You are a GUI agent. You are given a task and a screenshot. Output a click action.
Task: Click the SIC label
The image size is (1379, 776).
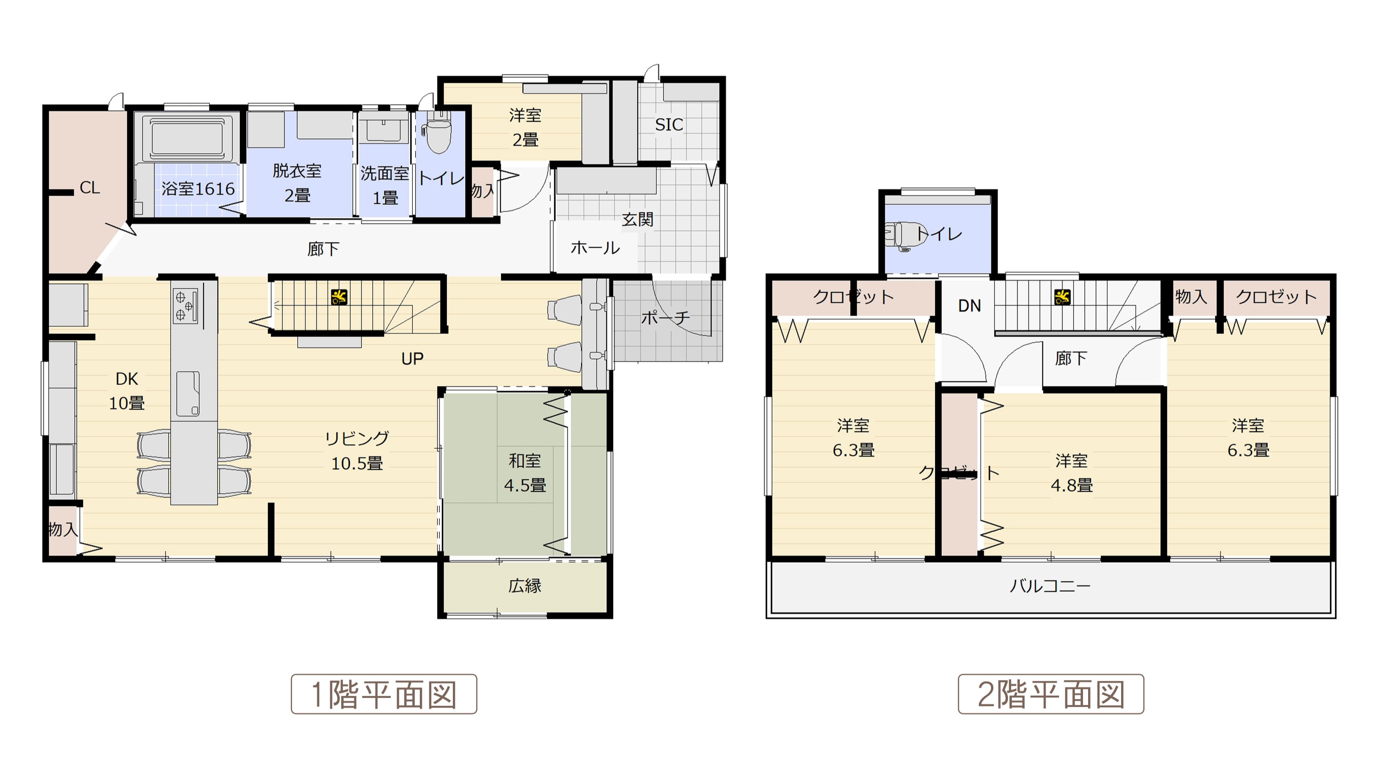click(669, 125)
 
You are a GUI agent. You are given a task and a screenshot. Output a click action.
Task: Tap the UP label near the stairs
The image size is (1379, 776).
click(412, 359)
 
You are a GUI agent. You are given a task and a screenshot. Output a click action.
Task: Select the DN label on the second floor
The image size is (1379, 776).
click(969, 306)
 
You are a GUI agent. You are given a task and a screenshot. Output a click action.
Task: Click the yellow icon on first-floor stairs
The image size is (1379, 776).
click(339, 297)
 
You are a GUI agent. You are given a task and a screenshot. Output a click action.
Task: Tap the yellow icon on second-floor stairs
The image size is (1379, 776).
click(1062, 297)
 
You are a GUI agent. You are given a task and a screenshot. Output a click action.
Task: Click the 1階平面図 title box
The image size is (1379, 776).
click(384, 694)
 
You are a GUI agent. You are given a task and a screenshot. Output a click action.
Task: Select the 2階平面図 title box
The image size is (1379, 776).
click(1051, 694)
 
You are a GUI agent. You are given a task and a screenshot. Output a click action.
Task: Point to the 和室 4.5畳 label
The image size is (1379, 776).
click(525, 473)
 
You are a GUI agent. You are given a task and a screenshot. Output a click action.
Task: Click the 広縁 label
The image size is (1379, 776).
click(525, 586)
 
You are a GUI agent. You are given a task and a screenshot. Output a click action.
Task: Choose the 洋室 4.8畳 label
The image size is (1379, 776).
click(1071, 473)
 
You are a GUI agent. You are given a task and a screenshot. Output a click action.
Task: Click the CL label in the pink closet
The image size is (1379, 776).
click(89, 188)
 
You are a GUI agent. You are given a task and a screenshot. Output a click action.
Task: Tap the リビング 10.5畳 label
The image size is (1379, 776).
click(357, 451)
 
